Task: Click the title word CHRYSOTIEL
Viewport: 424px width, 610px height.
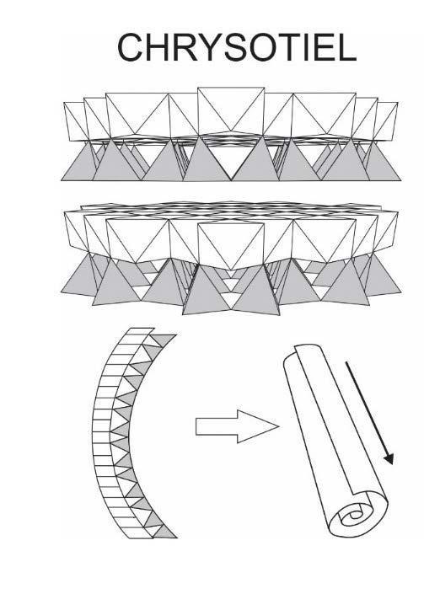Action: pyautogui.click(x=237, y=47)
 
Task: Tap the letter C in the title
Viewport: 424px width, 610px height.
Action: pyautogui.click(x=130, y=47)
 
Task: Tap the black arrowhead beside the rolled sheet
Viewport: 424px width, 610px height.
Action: pyautogui.click(x=389, y=458)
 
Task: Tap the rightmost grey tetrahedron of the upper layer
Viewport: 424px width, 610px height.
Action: pyautogui.click(x=384, y=163)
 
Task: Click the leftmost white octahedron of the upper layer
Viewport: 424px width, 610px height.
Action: pyautogui.click(x=76, y=120)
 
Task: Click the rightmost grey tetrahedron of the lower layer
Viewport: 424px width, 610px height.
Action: pyautogui.click(x=384, y=276)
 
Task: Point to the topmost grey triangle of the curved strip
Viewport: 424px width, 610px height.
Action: pyautogui.click(x=163, y=340)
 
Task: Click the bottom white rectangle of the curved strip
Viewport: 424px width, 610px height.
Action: pyautogui.click(x=139, y=533)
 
